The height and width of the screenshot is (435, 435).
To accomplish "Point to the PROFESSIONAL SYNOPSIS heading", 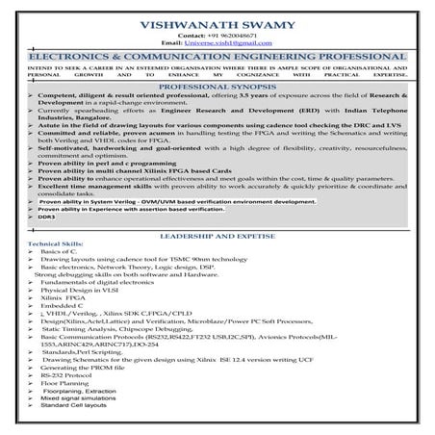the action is [218, 86].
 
